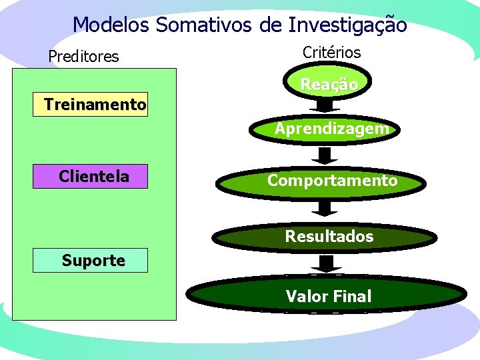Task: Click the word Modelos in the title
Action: (111, 25)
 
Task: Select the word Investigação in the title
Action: (347, 25)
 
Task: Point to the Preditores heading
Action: (83, 57)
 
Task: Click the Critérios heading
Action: (331, 52)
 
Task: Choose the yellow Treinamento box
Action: (91, 105)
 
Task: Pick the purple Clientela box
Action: (91, 177)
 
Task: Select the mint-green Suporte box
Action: (91, 261)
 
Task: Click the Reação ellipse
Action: (329, 85)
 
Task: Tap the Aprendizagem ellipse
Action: (331, 128)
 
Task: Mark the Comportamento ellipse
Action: (331, 181)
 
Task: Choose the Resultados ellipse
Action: (329, 236)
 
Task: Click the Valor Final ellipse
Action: (328, 296)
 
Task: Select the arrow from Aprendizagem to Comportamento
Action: (325, 155)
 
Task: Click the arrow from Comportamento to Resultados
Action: (325, 207)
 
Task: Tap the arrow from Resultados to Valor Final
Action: (325, 264)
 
